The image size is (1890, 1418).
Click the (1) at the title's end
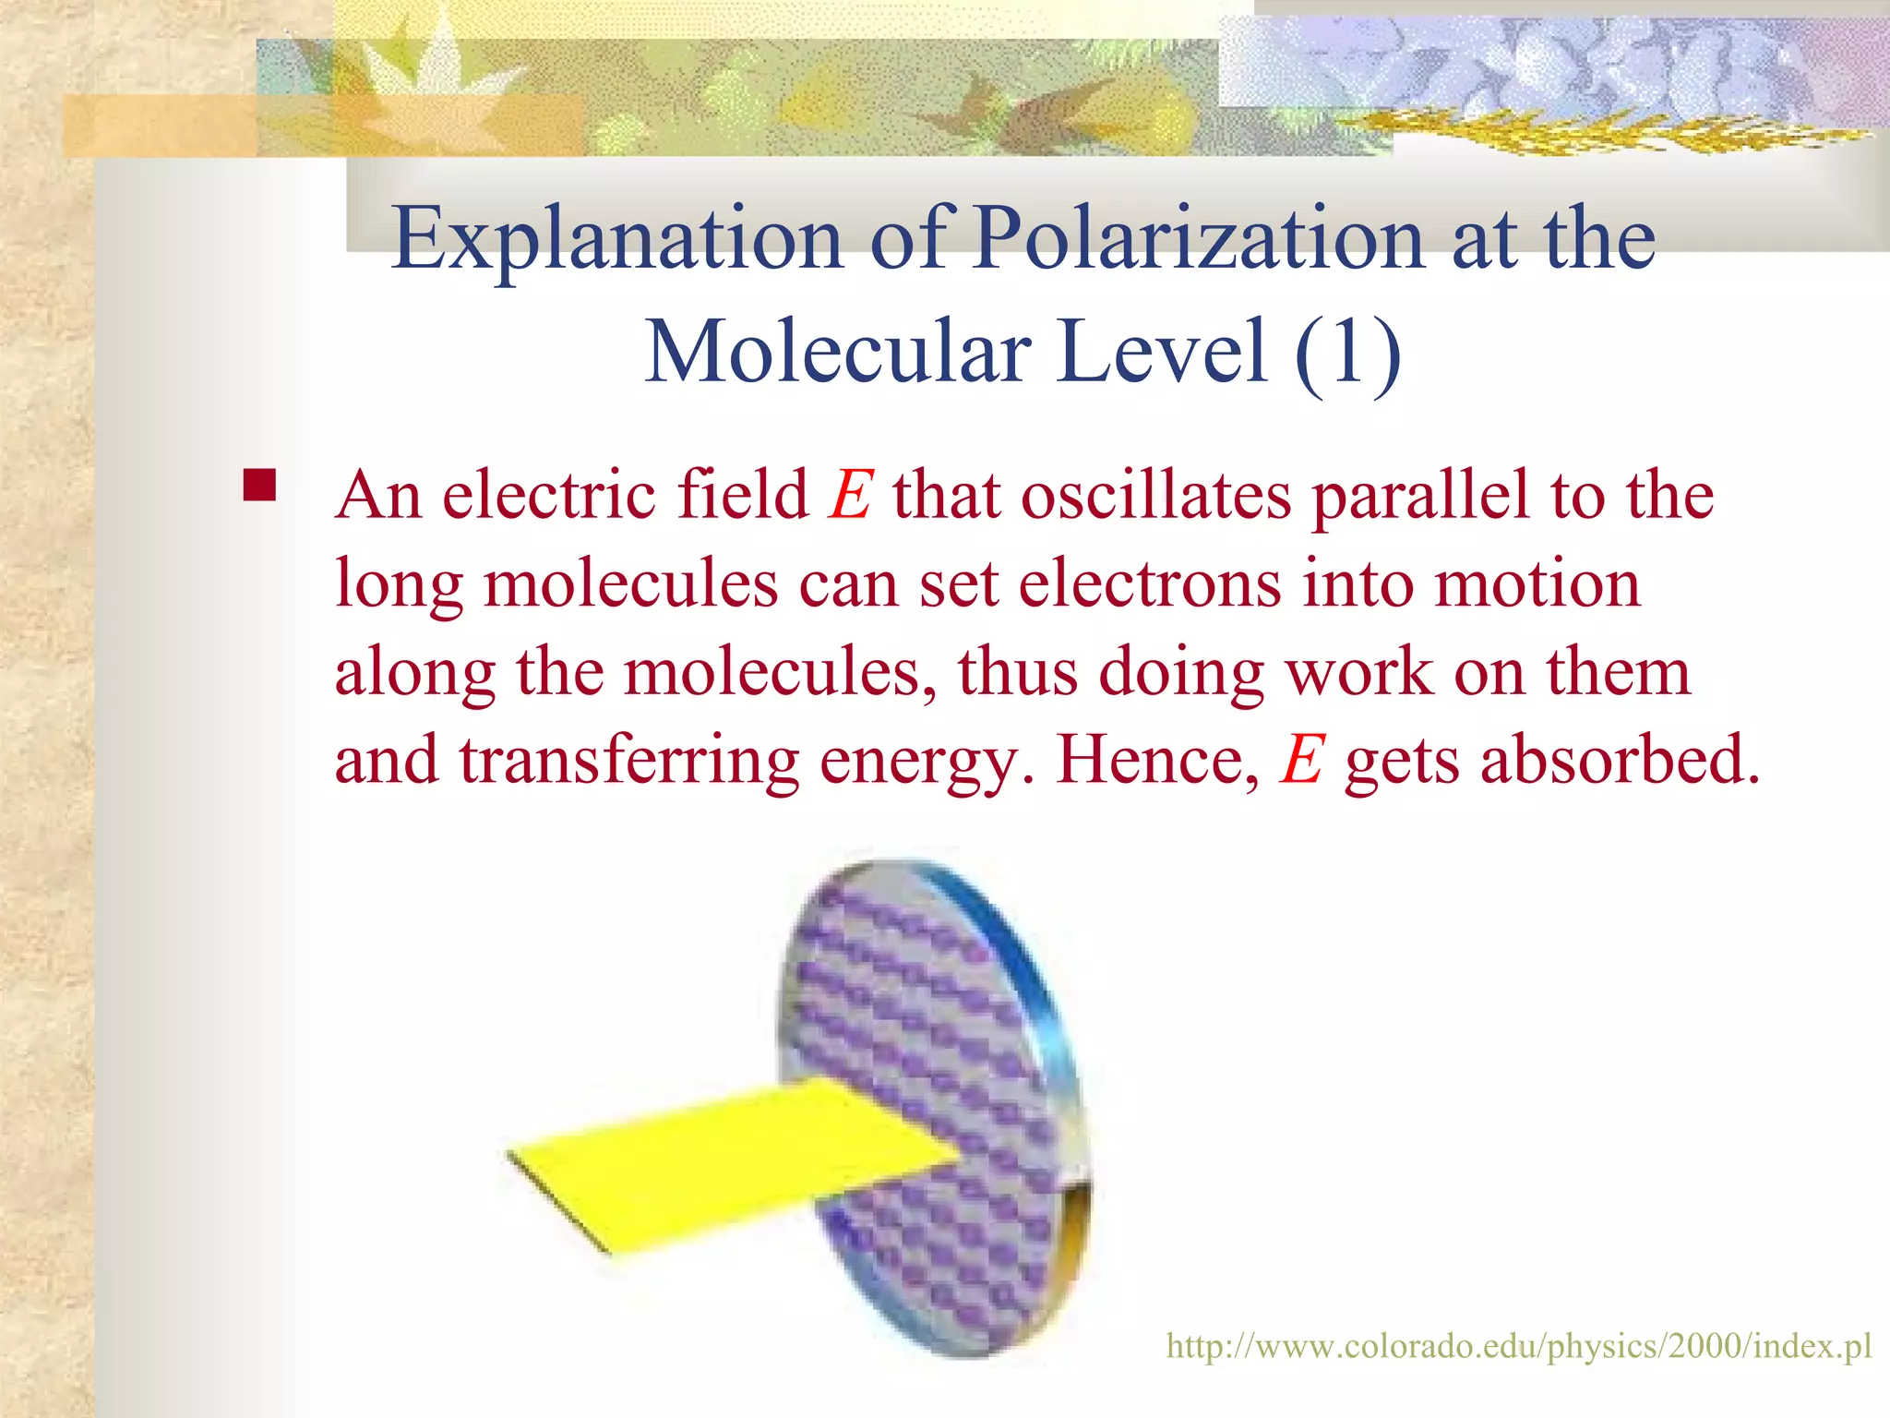[x=1347, y=353]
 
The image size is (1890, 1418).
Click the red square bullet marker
[x=260, y=486]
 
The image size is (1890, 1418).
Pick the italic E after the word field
[x=850, y=496]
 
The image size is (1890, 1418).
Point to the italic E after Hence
[x=1302, y=761]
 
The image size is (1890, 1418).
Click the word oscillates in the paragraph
[x=1155, y=496]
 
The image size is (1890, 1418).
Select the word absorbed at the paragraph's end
[x=1620, y=761]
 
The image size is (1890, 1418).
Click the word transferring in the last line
[x=629, y=761]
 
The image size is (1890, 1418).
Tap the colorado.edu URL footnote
[x=1518, y=1346]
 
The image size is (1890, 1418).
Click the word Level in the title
[x=1162, y=353]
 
